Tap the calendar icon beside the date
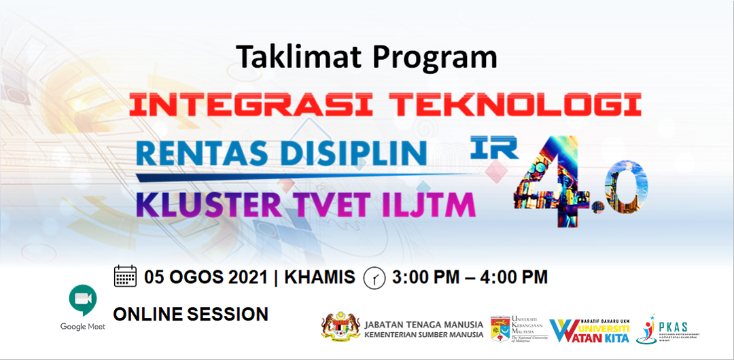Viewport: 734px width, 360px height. (125, 276)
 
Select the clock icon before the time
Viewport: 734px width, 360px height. (374, 277)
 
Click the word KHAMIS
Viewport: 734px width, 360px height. (318, 277)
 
